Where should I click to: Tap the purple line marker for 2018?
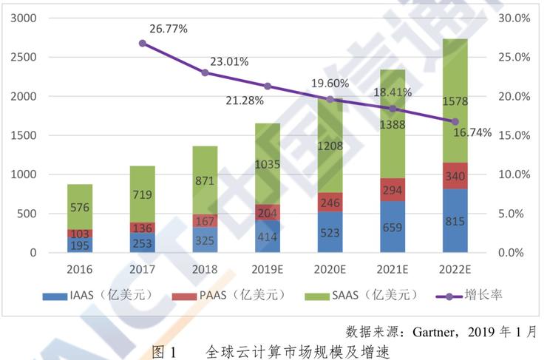tap(205, 72)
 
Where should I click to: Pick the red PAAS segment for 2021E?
tap(393, 189)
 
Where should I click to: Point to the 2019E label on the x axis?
tap(267, 269)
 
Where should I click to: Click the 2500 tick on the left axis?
tap(23, 57)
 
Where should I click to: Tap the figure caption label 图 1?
tap(164, 350)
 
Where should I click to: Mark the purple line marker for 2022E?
tap(455, 121)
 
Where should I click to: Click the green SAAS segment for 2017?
tap(142, 194)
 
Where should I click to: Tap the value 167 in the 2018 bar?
tap(205, 222)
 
